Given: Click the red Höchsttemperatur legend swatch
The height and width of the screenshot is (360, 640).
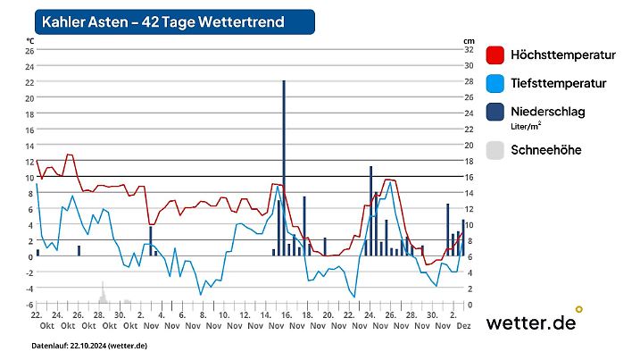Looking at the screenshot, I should pos(496,55).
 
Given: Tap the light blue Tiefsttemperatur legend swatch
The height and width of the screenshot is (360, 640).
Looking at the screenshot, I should pos(496,84).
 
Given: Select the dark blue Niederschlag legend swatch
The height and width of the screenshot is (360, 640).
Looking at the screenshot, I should pos(496,113).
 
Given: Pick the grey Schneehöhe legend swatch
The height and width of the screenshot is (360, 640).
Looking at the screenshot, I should pos(496,150).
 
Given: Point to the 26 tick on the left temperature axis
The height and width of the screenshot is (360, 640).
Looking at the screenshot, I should pos(29,51).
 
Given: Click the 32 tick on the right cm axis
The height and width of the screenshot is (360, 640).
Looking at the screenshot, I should pos(468,51).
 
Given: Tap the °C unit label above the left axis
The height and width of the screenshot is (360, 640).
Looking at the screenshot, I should pos(29,41).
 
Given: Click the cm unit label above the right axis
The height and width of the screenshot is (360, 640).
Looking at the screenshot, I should pos(468,41).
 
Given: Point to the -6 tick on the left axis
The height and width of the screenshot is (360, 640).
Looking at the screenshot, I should pos(29,305).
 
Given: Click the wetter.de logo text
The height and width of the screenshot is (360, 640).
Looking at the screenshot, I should pos(530,323).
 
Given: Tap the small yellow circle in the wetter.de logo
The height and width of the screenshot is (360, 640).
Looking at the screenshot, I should pos(579,309).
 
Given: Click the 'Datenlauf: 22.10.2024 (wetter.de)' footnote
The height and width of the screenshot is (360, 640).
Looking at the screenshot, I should pos(89,346).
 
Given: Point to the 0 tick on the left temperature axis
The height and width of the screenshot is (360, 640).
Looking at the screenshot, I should pos(30,257).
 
